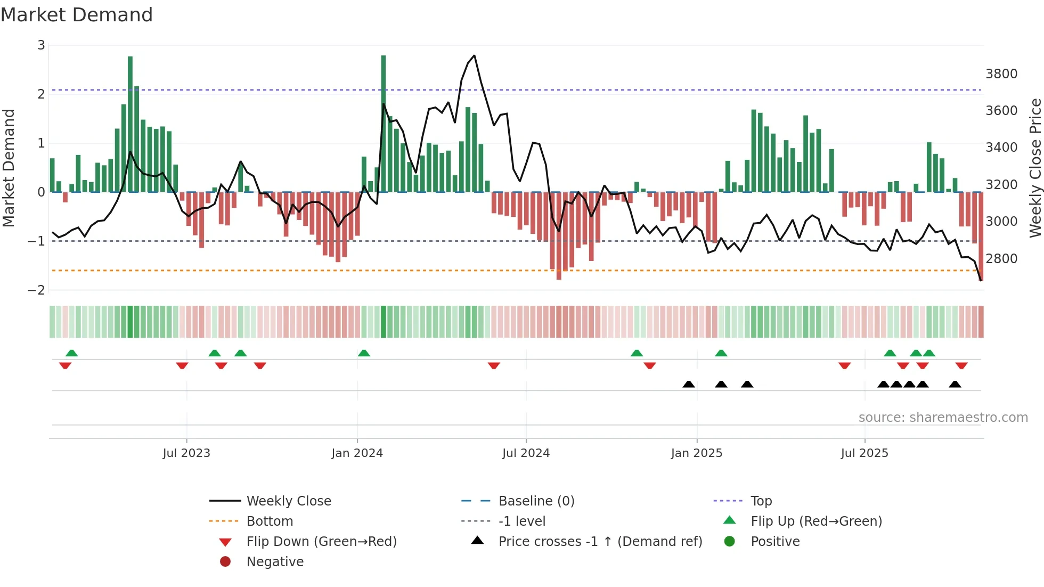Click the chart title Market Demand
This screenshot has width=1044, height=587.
77,15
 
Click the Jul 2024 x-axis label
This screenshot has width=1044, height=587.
526,453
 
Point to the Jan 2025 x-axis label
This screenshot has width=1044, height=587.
696,453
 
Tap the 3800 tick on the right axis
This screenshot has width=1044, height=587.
1001,74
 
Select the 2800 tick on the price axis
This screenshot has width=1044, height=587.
1001,259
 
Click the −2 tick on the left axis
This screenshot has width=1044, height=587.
37,290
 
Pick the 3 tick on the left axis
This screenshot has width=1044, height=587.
41,45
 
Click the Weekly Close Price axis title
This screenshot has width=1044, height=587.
1035,168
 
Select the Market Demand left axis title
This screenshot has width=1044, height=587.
9,168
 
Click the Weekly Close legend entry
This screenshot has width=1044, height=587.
288,501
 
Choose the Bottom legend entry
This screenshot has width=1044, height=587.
270,521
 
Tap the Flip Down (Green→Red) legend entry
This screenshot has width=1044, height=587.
321,542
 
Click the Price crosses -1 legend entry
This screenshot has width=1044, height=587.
600,542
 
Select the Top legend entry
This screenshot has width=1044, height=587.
761,501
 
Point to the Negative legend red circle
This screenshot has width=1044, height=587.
225,562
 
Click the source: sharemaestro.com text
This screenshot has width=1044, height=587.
943,418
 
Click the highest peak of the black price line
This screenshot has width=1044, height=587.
474,55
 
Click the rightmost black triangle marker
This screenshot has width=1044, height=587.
955,385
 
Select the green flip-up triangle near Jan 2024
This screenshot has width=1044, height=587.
364,353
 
